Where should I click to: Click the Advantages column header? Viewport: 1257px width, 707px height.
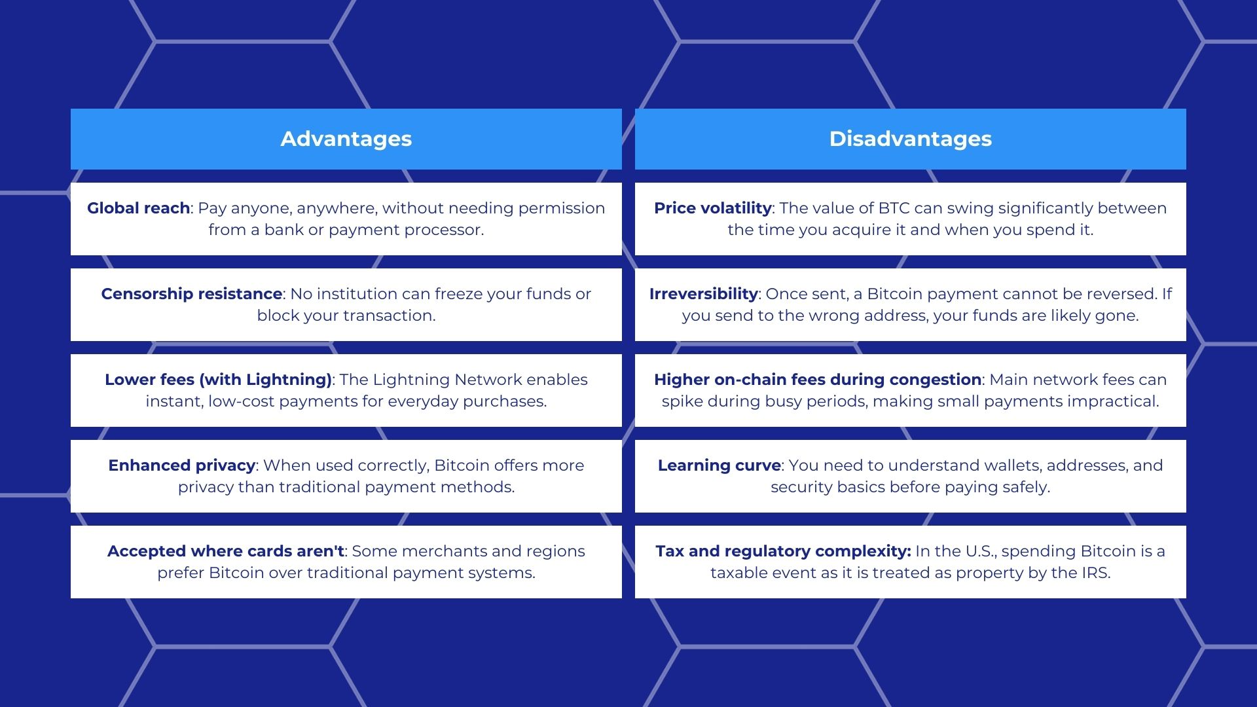346,139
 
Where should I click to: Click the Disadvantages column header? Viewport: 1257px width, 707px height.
910,139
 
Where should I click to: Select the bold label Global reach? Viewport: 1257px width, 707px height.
138,208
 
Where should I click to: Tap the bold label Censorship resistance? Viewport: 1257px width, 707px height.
192,294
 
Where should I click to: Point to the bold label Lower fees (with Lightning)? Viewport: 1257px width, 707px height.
219,380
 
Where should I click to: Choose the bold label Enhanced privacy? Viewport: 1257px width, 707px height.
181,465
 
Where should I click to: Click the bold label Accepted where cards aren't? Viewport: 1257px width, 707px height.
226,551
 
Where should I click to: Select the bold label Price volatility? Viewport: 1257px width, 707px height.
712,208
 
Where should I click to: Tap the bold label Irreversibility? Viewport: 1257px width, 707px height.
703,294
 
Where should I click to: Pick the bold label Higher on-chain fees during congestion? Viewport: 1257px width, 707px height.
817,380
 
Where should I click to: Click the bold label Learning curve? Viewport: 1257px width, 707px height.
719,465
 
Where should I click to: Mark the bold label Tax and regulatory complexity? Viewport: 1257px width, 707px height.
783,551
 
